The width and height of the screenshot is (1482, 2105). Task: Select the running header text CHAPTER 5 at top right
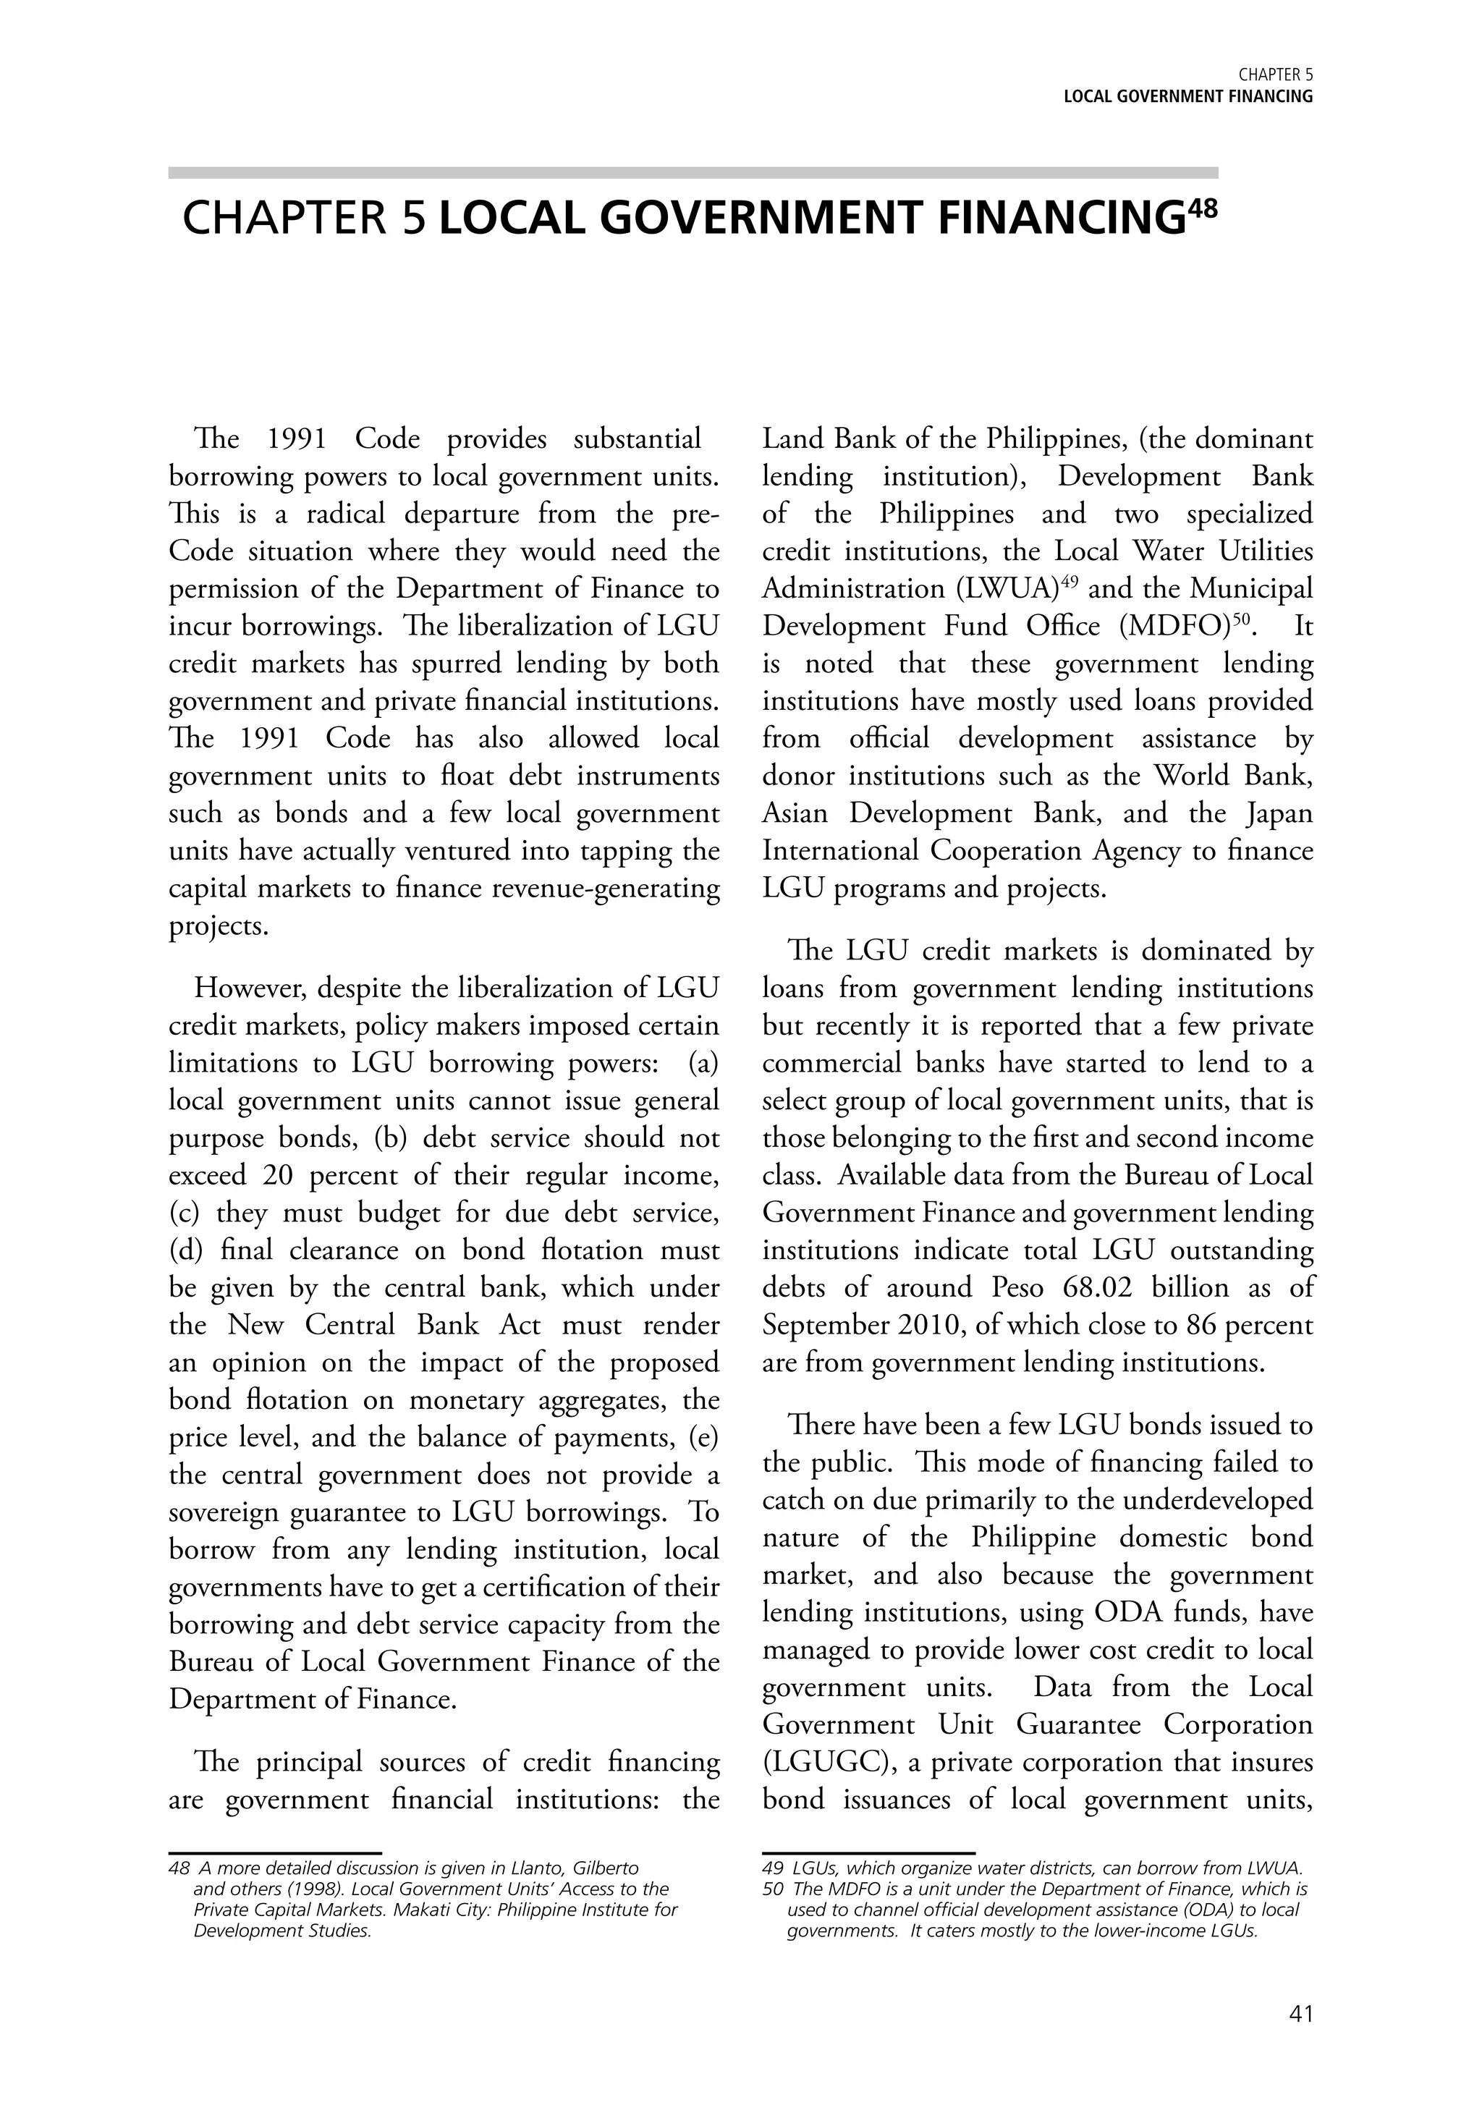[x=1276, y=75]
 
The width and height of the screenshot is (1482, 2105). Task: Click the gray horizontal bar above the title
[x=693, y=172]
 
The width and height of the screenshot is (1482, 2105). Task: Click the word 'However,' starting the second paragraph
[x=243, y=988]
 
